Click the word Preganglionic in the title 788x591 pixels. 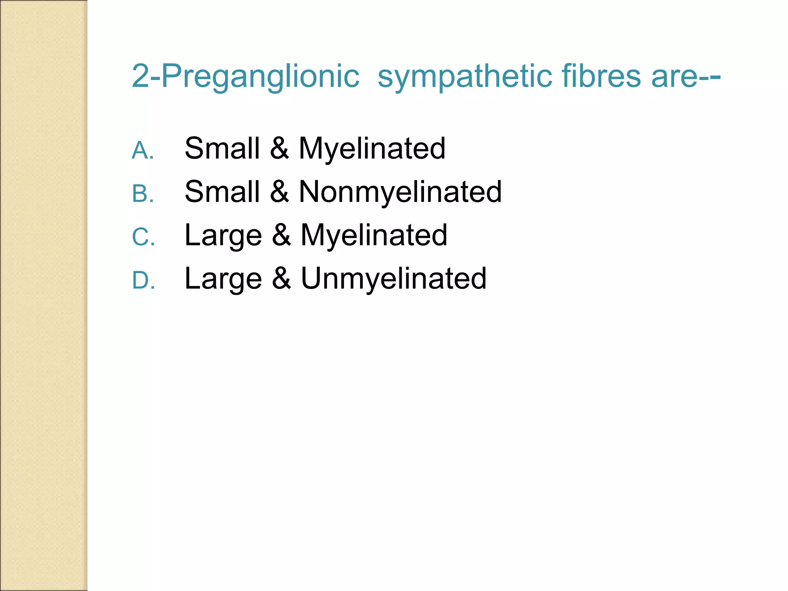[x=260, y=76]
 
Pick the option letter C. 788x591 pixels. [x=142, y=237]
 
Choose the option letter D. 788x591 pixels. [x=142, y=280]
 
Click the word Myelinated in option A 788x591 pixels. [x=372, y=149]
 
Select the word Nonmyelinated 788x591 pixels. [x=400, y=192]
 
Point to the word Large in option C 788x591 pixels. [x=223, y=235]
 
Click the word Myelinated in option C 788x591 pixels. [x=374, y=235]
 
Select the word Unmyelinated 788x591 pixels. [x=393, y=278]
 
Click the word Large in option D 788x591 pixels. [x=223, y=279]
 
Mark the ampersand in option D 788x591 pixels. [x=281, y=278]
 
